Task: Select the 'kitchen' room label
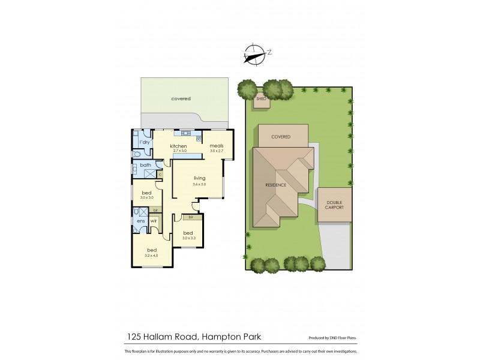pos(179,146)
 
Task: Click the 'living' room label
pos(200,178)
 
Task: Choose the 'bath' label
pos(145,165)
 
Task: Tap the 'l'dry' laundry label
pos(145,142)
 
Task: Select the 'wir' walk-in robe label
pos(154,221)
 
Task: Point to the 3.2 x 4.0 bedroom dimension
pos(152,256)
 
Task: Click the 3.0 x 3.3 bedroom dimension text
pos(189,238)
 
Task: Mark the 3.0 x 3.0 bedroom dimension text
pos(147,197)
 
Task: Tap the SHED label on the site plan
pos(261,98)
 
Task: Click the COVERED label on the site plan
pos(281,137)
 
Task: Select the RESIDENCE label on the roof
pos(275,185)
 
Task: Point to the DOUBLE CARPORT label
pos(334,205)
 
